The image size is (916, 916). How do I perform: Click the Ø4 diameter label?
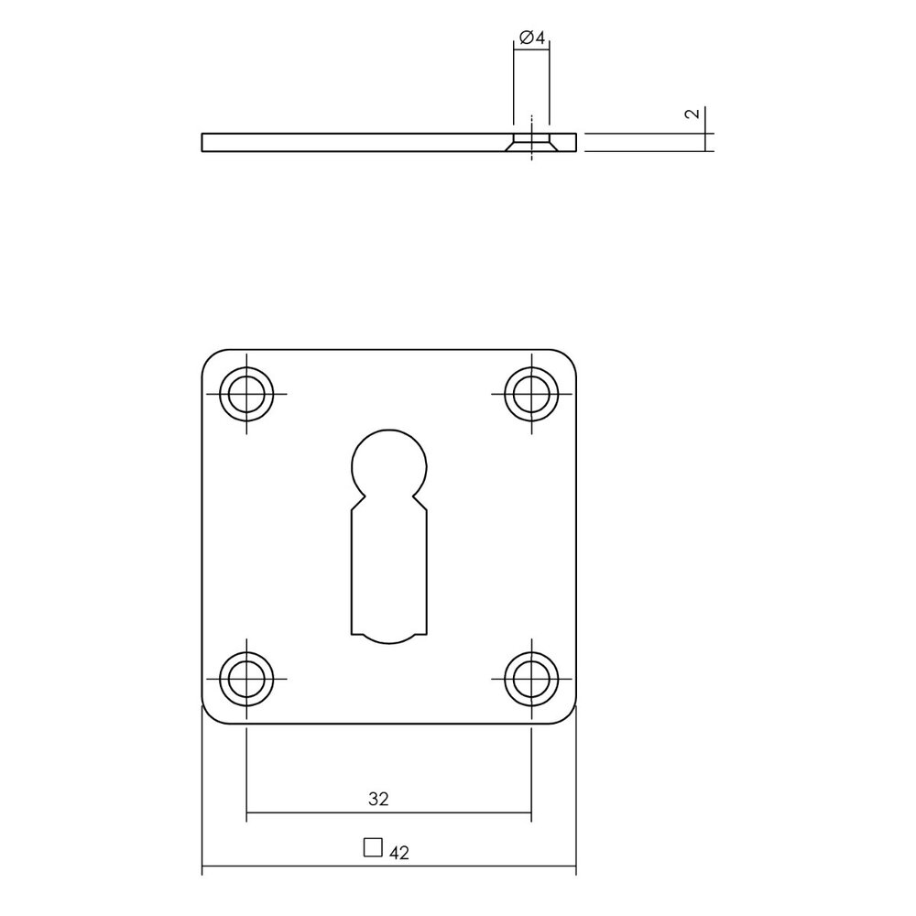coord(532,38)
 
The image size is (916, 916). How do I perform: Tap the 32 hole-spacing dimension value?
coord(379,799)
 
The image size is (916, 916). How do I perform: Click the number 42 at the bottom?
coord(398,853)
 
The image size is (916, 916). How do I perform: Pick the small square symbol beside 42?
coord(372,847)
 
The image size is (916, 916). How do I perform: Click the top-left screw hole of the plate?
coord(247,396)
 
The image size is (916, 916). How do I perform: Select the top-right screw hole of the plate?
coord(530,396)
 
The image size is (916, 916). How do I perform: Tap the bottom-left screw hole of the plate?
coord(247,679)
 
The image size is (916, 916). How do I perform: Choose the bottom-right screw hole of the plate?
coord(530,679)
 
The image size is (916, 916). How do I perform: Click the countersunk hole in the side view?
coord(530,142)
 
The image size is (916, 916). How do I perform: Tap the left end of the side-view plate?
coord(202,142)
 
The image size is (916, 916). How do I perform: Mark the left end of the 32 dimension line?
coord(247,812)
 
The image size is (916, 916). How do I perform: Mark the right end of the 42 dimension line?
coord(576,867)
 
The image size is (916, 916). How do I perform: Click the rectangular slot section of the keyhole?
coord(388,568)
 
